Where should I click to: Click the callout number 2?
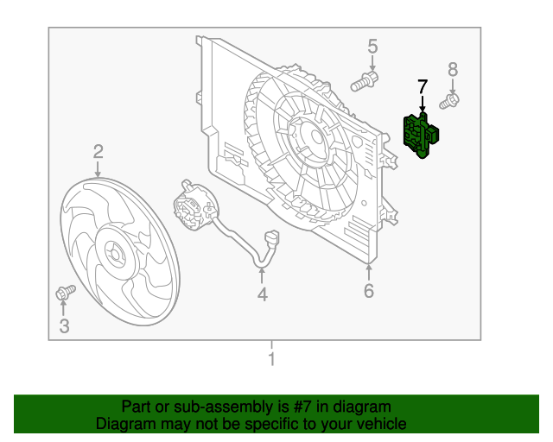[x=99, y=152]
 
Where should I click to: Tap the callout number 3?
[x=64, y=325]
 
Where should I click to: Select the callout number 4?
[x=262, y=294]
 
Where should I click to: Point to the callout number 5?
[x=372, y=46]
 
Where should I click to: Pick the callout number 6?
[x=369, y=291]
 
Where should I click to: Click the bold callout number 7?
[x=422, y=86]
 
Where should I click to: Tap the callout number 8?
[x=453, y=69]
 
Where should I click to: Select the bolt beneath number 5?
[x=365, y=83]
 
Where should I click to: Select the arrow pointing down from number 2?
[x=99, y=169]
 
